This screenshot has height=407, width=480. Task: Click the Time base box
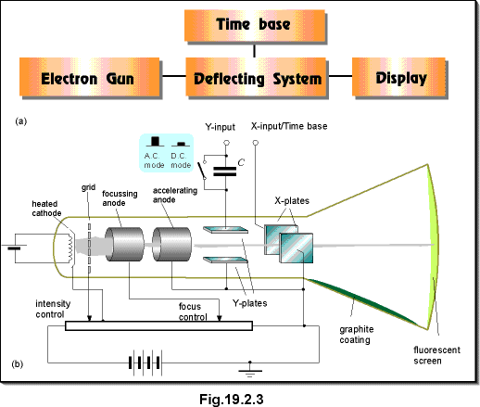pos(255,25)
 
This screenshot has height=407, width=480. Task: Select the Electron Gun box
pos(89,77)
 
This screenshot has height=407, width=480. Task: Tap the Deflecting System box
pos(256,77)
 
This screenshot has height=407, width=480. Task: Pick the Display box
pos(398,77)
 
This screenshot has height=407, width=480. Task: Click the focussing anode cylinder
pos(124,244)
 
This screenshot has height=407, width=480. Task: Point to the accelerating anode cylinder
pos(171,244)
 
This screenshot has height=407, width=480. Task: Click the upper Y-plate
pos(225,230)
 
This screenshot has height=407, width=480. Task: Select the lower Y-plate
pos(225,260)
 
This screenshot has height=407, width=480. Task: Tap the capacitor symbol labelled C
pos(225,172)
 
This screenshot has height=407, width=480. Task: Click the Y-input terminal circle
pos(226,143)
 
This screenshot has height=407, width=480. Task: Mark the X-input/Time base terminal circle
pos(256,143)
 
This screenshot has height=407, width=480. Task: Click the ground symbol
pos(250,370)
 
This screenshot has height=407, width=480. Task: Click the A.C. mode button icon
pos(155,141)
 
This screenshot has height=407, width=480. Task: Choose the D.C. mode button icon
pos(181,144)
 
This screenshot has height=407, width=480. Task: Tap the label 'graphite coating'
pos(357,335)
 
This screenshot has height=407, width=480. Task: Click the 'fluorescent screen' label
pos(436,355)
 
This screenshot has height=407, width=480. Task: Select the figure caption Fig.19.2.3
pos(232,399)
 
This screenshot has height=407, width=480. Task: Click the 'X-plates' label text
pos(292,201)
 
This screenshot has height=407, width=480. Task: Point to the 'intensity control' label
pos(53,309)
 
